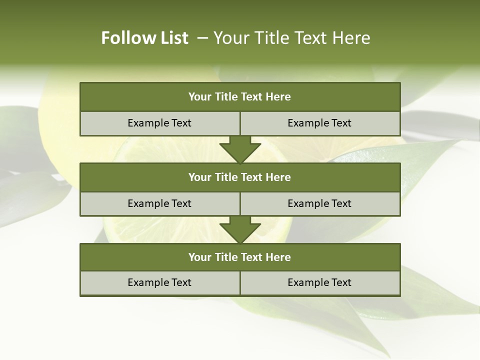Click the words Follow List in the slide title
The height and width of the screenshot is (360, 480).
pos(144,38)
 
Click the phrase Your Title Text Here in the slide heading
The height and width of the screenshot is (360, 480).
pos(291,38)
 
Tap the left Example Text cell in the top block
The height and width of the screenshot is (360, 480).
pos(159,123)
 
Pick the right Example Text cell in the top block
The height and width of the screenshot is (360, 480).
pos(319,123)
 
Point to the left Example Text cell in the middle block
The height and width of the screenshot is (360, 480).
pos(159,203)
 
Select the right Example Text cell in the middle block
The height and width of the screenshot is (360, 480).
pos(319,203)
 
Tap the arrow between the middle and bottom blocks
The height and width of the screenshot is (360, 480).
pos(240,230)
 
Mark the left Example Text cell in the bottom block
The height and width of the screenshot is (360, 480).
pos(159,282)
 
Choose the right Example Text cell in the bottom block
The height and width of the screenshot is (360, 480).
pos(319,282)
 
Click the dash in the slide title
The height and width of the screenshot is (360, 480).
pos(202,38)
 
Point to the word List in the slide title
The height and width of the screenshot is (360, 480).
pos(173,38)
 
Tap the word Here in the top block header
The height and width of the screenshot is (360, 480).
pos(278,97)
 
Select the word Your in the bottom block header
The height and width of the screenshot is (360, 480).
pos(199,257)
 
